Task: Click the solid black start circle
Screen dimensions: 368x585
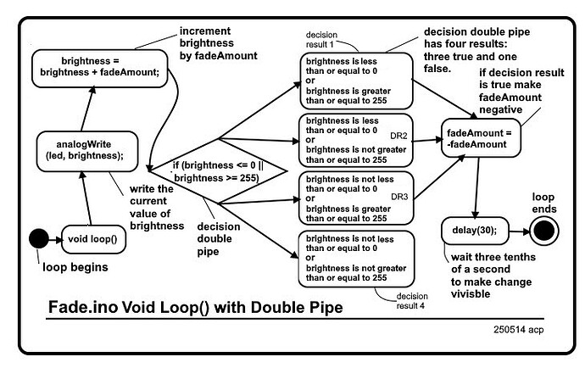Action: pyautogui.click(x=39, y=238)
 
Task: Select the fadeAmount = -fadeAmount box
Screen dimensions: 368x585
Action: pyautogui.click(x=479, y=138)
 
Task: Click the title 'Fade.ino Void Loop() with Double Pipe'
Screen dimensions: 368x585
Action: pyautogui.click(x=196, y=306)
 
